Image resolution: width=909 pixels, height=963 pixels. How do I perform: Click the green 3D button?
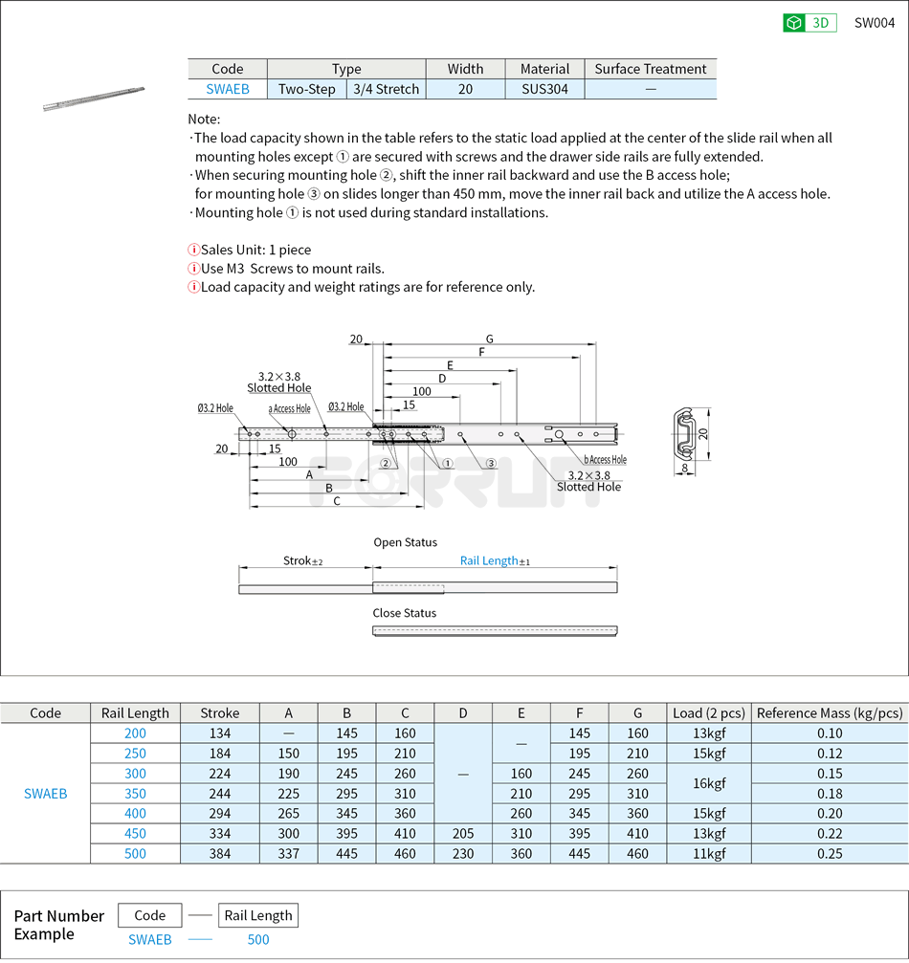(809, 23)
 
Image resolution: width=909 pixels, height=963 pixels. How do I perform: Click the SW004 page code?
(874, 23)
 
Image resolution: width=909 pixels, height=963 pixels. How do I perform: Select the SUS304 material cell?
(544, 89)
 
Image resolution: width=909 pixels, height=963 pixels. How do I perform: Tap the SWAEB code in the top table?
(228, 89)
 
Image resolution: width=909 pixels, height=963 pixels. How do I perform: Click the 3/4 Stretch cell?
(386, 89)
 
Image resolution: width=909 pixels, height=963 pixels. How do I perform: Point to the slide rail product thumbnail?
(94, 98)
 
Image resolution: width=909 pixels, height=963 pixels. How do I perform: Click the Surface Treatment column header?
(650, 69)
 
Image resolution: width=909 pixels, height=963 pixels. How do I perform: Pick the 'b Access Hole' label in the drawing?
(606, 460)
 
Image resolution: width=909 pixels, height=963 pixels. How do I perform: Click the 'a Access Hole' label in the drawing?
(289, 409)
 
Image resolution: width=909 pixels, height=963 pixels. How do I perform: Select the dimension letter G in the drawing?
(489, 339)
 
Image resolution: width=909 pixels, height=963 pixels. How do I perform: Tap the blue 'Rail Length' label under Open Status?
(489, 560)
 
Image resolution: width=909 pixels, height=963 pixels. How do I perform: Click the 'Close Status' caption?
(404, 613)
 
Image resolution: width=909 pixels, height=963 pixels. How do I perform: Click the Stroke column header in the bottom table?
(220, 712)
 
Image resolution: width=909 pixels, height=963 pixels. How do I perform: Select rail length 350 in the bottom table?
(135, 794)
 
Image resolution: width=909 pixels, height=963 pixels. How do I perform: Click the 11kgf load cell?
(708, 854)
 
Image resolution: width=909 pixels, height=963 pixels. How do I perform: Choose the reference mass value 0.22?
(830, 834)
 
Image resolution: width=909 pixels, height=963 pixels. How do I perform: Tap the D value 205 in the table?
(463, 834)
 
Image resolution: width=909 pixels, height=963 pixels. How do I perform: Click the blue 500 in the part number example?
(258, 939)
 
